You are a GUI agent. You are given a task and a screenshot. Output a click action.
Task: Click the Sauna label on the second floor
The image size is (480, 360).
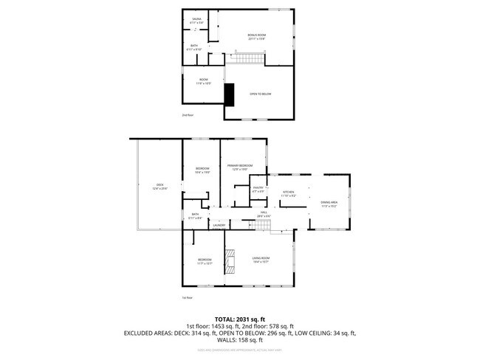[x=196, y=21]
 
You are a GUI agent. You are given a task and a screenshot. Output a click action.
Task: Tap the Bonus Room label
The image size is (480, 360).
[x=256, y=37]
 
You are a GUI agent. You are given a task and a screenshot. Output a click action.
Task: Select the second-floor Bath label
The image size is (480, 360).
[x=194, y=48]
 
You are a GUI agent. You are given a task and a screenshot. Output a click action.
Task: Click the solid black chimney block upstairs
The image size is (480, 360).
[x=229, y=94]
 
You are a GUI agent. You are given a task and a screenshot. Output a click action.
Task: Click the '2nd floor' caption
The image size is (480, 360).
[x=188, y=115]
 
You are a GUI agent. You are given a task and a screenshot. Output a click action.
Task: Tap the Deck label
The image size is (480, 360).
[x=160, y=187]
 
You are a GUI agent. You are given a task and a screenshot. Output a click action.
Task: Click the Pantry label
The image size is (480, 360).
[x=258, y=190]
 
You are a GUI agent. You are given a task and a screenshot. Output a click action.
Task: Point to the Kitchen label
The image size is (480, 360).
[x=288, y=193]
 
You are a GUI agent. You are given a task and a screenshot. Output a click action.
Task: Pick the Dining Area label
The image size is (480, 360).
[x=329, y=204]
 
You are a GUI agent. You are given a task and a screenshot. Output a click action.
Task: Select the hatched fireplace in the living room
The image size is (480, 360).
[x=230, y=260]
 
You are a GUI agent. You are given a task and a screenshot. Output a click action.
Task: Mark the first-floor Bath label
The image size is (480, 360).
[x=193, y=216]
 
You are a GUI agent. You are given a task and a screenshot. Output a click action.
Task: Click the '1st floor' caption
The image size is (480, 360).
[x=188, y=297]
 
